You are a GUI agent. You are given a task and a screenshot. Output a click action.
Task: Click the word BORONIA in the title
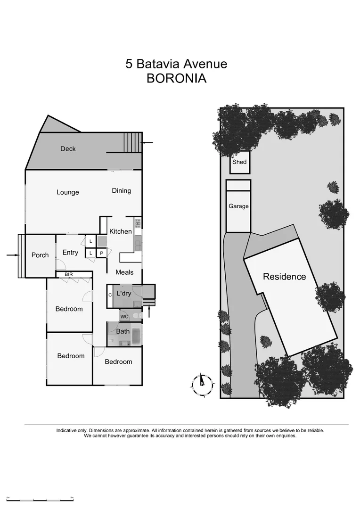(x=176, y=78)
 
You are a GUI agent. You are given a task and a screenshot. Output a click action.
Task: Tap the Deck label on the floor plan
(x=68, y=149)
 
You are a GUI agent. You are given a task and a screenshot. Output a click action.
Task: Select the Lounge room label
(x=68, y=192)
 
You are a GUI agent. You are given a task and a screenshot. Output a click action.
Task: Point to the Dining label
(x=121, y=191)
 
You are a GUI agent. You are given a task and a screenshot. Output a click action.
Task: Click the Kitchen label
(x=121, y=231)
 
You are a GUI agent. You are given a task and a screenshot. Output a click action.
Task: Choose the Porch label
(x=40, y=255)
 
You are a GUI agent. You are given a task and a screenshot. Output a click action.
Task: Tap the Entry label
(x=70, y=253)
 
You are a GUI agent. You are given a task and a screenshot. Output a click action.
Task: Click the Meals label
(x=124, y=272)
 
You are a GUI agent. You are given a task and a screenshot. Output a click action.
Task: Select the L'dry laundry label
(x=124, y=294)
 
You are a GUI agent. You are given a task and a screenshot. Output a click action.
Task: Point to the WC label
(x=124, y=316)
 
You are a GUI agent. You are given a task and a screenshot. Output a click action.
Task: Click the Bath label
(x=123, y=331)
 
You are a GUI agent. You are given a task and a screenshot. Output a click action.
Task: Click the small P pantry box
(x=101, y=253)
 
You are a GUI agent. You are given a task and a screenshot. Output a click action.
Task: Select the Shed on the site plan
(x=239, y=163)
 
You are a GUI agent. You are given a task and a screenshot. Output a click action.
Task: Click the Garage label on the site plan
(x=238, y=206)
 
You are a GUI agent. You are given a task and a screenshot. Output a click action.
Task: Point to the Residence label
(x=284, y=277)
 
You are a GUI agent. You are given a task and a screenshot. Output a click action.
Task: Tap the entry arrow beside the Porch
(x=13, y=255)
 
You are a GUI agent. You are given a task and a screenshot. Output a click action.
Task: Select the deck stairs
(x=132, y=142)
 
